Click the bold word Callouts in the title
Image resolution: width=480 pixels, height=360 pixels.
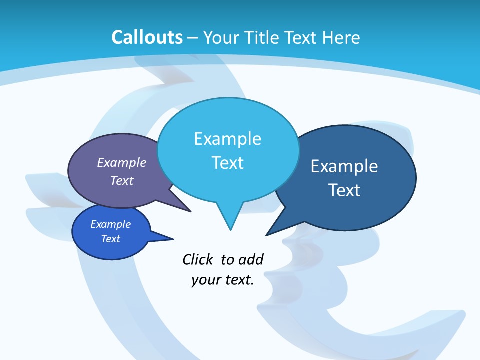click(x=147, y=37)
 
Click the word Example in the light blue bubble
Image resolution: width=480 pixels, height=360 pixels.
click(x=227, y=139)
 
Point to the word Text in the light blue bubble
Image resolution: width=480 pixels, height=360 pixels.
click(x=228, y=163)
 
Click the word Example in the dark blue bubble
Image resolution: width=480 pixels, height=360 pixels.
click(x=344, y=166)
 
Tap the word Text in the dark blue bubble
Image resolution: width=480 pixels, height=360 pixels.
click(x=344, y=190)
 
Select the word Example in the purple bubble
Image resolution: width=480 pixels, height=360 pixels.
click(x=122, y=162)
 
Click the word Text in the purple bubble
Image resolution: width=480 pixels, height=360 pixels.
click(x=122, y=180)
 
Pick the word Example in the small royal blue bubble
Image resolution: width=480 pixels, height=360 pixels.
click(x=110, y=224)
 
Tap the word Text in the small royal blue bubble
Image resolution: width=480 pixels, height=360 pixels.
click(x=110, y=239)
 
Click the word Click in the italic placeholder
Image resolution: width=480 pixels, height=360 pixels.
click(x=198, y=259)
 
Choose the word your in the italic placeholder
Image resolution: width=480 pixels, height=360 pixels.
click(x=205, y=280)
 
